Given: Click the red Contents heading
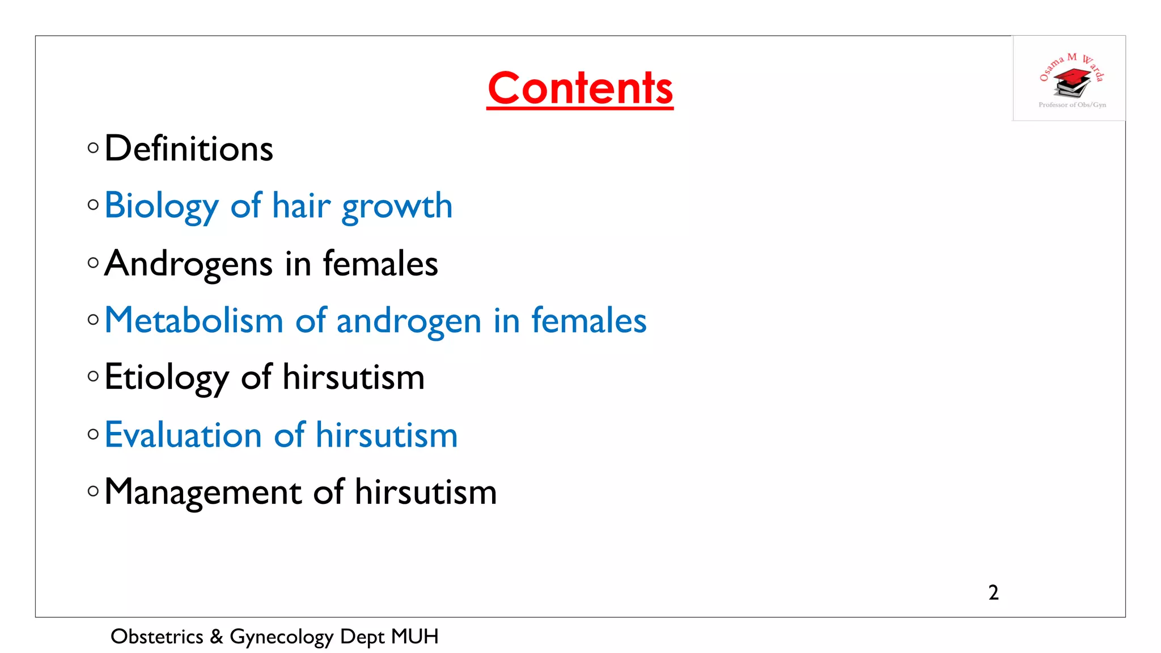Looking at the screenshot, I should point(580,88).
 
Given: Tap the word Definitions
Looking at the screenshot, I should point(189,149).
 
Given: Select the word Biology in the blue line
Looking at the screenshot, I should point(161,206).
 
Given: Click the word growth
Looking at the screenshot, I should point(397,206).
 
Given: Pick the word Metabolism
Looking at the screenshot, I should point(194,320).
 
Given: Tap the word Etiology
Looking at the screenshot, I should point(167,378).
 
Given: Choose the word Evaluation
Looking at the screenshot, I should point(183,435).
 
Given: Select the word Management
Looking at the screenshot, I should point(203,492).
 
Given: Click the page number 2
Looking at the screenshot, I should point(993,592).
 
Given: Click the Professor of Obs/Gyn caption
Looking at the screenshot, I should point(1072,105).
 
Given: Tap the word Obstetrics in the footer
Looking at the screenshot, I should point(156,637).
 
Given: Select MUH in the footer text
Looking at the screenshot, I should point(414,637).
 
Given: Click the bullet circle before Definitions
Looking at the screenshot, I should point(94,149).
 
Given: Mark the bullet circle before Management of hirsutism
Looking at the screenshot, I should point(94,491).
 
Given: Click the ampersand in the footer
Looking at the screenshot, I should point(217,637).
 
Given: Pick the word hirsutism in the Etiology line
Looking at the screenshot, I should point(353,378).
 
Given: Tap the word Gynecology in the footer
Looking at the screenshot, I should point(281,637).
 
